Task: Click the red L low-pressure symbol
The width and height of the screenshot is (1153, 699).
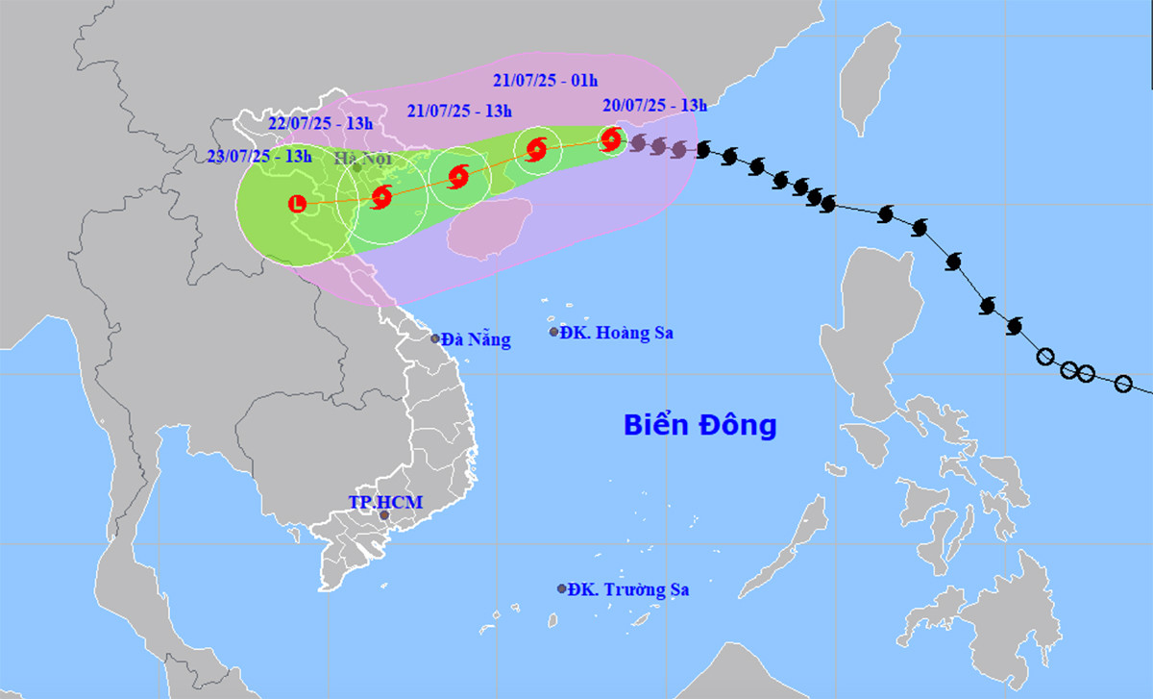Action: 297,203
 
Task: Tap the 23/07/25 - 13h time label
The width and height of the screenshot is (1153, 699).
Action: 259,157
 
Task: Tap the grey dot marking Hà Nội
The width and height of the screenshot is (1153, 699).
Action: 356,167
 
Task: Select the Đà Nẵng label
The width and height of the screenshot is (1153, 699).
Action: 478,338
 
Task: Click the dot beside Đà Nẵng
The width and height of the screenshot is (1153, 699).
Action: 435,338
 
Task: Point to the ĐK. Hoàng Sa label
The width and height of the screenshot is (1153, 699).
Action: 619,333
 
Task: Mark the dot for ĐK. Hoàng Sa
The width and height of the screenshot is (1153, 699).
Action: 554,332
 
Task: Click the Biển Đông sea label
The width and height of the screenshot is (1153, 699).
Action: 699,424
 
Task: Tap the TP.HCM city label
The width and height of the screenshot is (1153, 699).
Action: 385,501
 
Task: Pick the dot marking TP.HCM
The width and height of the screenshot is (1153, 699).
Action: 384,516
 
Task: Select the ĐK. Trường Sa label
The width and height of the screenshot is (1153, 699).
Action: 628,589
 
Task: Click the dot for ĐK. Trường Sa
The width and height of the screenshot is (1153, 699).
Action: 562,588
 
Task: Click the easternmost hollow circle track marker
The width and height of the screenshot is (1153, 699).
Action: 1123,384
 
